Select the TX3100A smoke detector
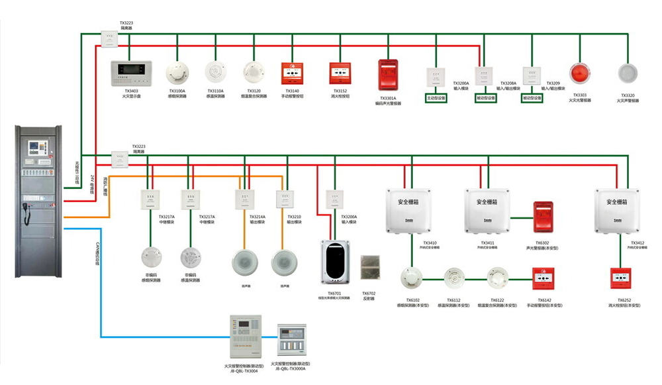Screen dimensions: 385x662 (x=177, y=72)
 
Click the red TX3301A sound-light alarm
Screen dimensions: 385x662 (x=387, y=75)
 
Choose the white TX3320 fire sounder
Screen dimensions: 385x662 (x=627, y=73)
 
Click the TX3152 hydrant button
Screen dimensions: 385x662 (x=340, y=72)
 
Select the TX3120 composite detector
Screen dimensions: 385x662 (x=254, y=72)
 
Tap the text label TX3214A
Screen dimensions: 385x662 (x=258, y=217)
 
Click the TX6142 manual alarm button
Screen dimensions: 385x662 (x=544, y=278)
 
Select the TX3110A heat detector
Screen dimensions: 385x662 (x=215, y=71)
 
